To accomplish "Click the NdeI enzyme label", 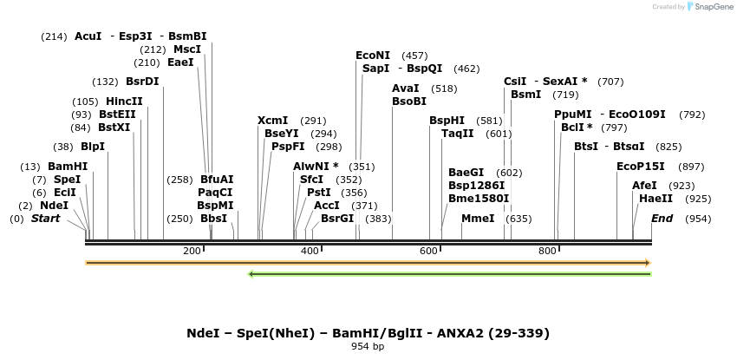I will [x=54, y=206].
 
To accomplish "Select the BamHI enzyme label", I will [x=68, y=167].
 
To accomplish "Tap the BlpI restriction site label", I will [x=93, y=147].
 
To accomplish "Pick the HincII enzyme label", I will [x=124, y=101].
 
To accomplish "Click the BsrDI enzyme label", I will [x=142, y=82].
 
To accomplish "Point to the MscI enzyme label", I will [x=187, y=49].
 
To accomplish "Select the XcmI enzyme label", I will [x=273, y=121].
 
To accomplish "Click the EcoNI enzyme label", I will [x=373, y=56].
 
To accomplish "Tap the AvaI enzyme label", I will [x=406, y=88].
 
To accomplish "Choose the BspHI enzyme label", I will [x=447, y=121].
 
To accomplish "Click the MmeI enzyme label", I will [x=478, y=219].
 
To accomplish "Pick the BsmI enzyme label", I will [x=526, y=95].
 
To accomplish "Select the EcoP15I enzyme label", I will [x=641, y=167].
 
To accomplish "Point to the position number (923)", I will [x=682, y=186].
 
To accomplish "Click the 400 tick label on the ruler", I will [x=310, y=251].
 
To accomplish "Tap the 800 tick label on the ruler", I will [x=547, y=251].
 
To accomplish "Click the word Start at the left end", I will [x=46, y=219].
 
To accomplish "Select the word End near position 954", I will [x=662, y=219].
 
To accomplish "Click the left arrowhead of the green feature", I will [x=251, y=274].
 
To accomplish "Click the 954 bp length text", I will [x=368, y=347].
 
